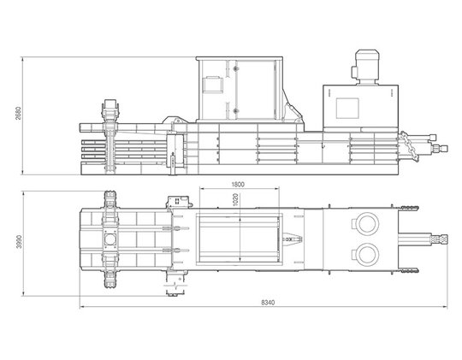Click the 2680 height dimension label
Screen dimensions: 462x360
point(18,114)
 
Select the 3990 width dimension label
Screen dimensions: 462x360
point(19,242)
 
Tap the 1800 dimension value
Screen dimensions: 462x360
point(238,185)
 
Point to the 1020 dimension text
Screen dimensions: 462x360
point(235,199)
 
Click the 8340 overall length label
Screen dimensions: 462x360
point(268,302)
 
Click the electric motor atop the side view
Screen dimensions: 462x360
point(366,68)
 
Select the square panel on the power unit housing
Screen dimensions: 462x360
point(347,108)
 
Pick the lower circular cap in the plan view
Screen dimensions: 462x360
point(368,255)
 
